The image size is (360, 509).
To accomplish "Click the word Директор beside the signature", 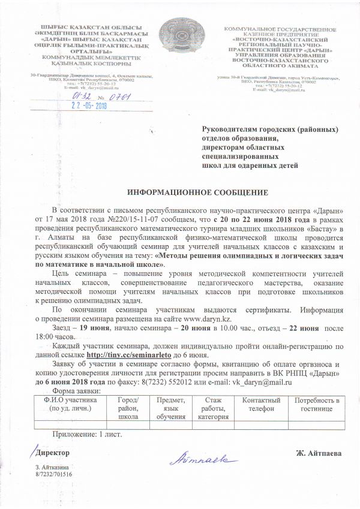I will (53, 453).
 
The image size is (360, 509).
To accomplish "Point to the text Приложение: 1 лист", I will (87, 433).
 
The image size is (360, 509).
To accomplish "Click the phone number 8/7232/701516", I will (53, 474).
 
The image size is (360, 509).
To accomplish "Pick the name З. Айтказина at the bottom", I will (52, 467).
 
